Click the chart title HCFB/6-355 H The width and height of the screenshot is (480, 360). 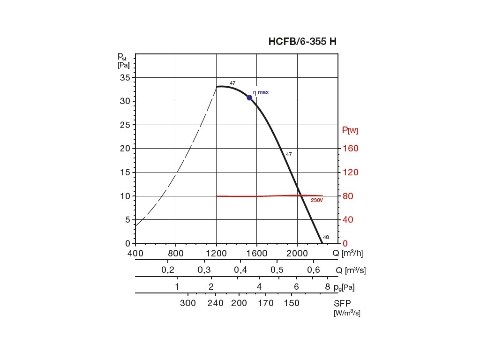coord(302,41)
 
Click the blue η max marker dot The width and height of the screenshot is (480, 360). coord(249,97)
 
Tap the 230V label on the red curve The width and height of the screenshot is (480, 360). coord(317,201)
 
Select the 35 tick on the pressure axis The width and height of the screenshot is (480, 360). coord(125,77)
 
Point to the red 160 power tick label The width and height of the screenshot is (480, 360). coord(350,149)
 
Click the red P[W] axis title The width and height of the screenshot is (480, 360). coord(350,130)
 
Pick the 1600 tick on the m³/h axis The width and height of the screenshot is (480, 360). coord(256,254)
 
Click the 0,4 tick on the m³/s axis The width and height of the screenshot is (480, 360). coord(240,270)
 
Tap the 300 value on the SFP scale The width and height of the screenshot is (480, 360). coord(188,303)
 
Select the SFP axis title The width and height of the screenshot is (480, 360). coord(343,303)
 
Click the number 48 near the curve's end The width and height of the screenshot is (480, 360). coord(326,237)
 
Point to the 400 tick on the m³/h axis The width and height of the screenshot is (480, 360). coord(135,254)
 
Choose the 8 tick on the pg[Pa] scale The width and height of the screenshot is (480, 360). coord(328,287)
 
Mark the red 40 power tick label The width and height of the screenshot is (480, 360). coord(348,220)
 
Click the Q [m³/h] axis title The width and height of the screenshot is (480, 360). coord(347,254)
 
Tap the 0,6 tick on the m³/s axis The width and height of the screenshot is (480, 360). coord(313,270)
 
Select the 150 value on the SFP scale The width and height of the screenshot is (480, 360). coord(291,303)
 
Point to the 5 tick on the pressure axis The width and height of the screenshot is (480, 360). coord(127,220)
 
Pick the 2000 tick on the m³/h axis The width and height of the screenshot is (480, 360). coord(297,254)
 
